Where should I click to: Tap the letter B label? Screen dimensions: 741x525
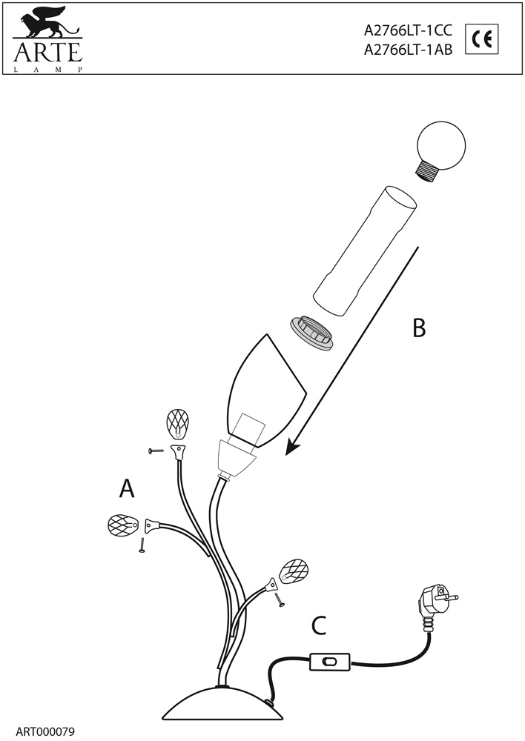click(419, 327)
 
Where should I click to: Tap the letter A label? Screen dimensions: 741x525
click(127, 488)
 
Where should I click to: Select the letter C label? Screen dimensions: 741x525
click(318, 626)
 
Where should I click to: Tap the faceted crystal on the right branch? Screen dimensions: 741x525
click(295, 571)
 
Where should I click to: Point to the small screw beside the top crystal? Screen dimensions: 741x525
click(156, 451)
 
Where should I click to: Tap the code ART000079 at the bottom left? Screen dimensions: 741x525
click(44, 731)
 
